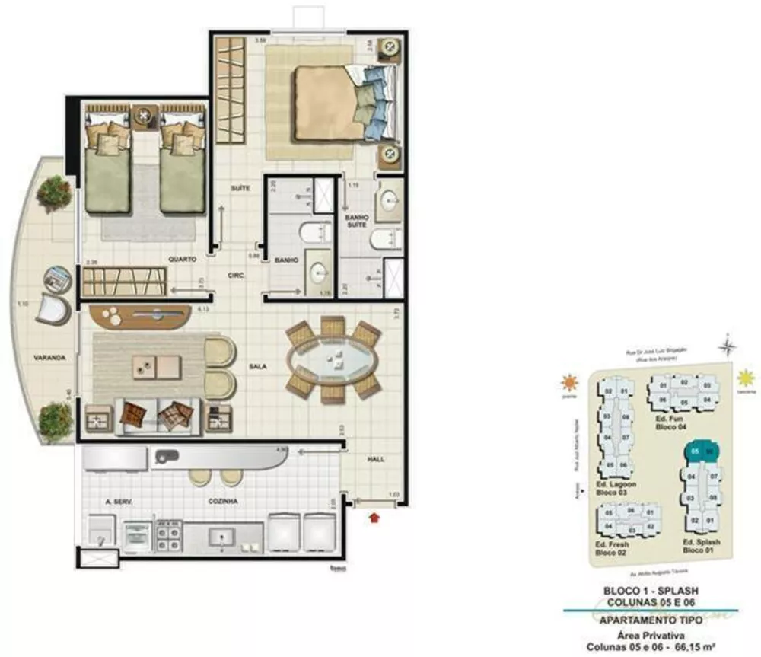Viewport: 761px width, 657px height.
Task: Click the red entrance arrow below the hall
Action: [x=373, y=518]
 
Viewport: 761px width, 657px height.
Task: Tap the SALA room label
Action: [x=257, y=366]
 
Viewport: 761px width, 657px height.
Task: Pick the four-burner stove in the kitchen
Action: [x=169, y=536]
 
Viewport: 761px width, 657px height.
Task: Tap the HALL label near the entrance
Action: [x=375, y=459]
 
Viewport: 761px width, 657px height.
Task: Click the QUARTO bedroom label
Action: [x=182, y=259]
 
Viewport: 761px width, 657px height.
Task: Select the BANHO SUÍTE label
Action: [x=357, y=221]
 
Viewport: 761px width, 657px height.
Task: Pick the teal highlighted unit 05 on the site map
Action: [x=694, y=451]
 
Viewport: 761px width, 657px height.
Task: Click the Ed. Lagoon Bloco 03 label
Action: [x=616, y=488]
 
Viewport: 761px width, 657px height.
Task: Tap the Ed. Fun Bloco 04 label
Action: [x=670, y=423]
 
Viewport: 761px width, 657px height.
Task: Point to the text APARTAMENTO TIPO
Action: [x=650, y=620]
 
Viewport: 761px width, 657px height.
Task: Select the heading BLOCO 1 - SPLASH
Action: [x=650, y=590]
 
